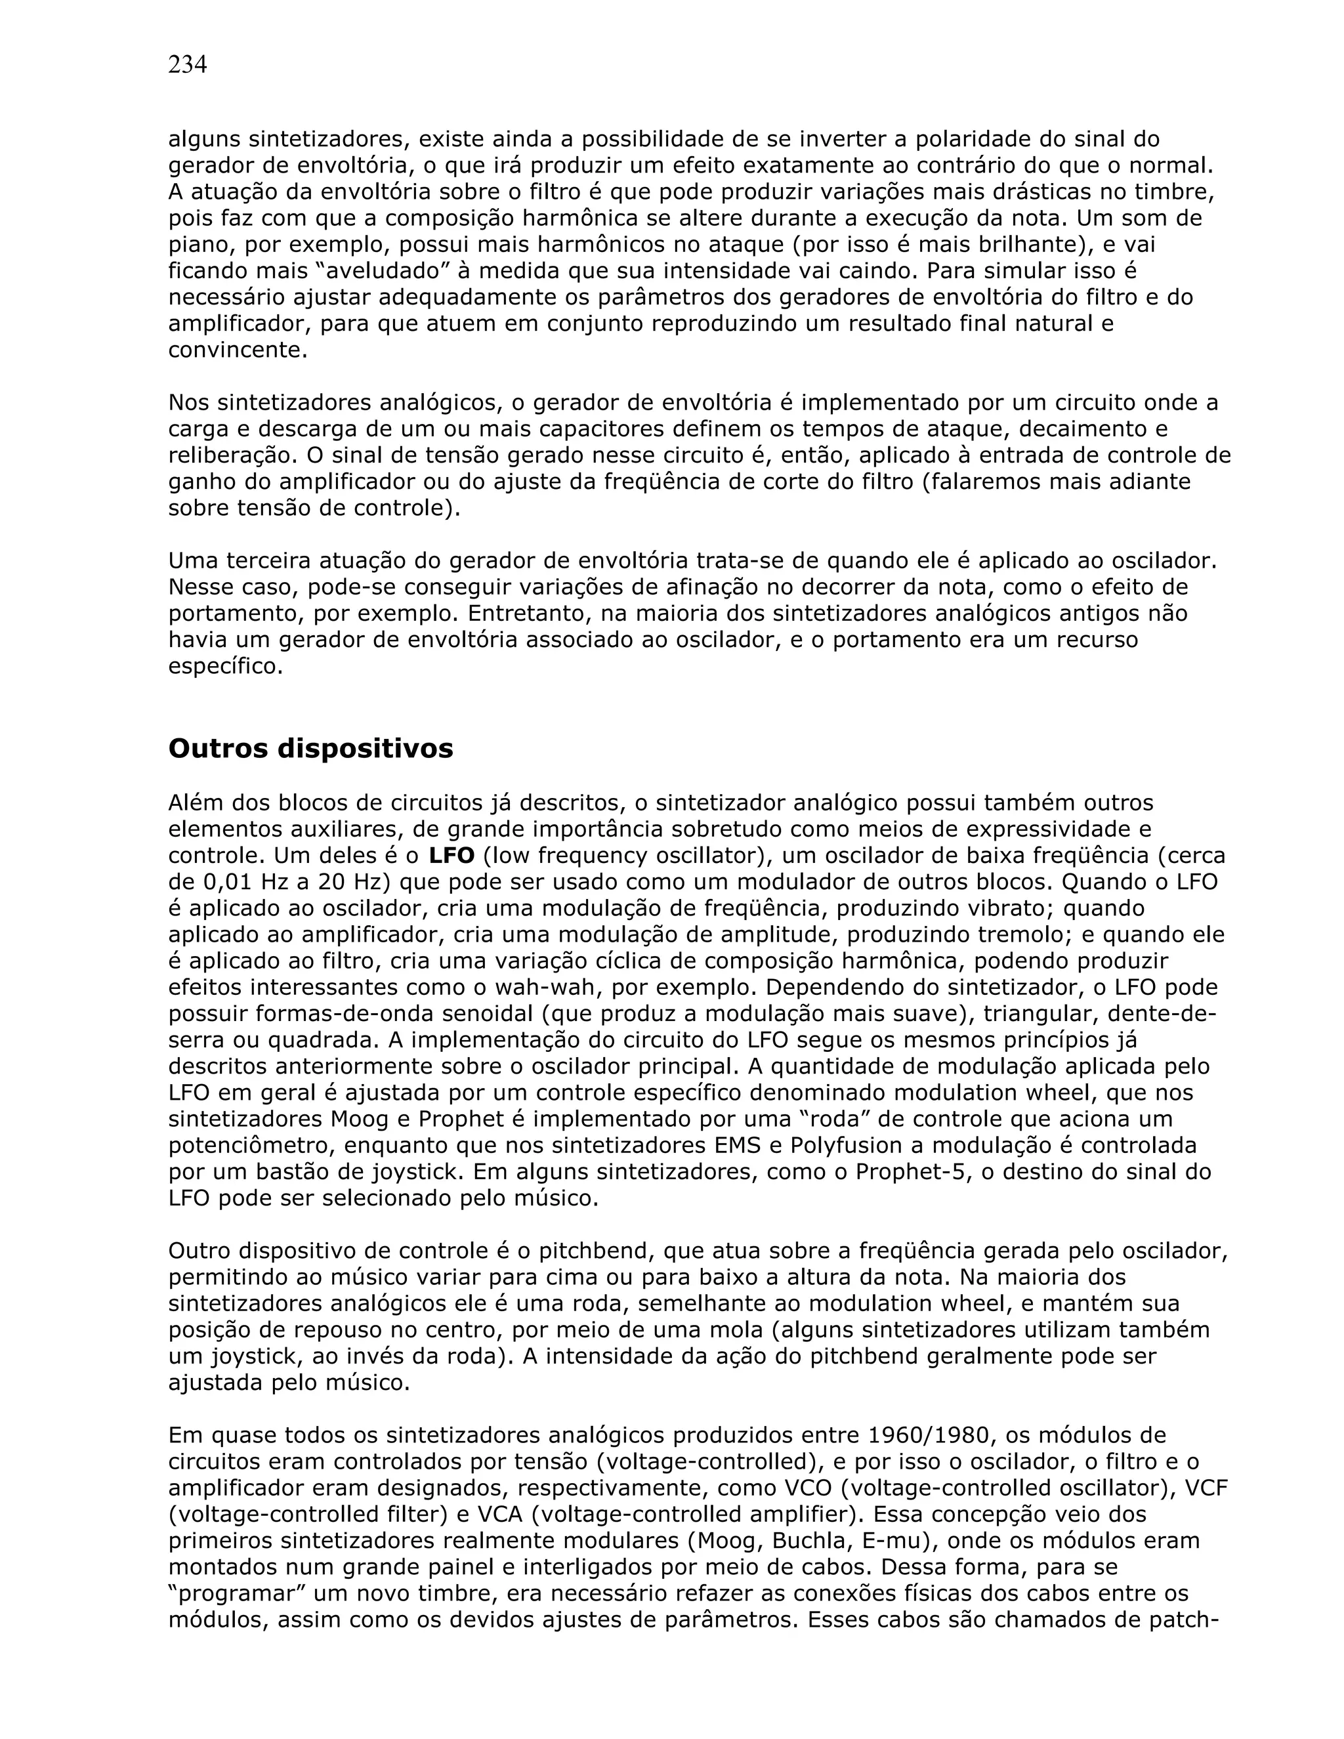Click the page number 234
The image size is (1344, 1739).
point(187,65)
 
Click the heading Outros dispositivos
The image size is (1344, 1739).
point(310,749)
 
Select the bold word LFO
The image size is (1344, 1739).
point(451,856)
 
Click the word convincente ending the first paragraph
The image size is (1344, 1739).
point(238,350)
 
